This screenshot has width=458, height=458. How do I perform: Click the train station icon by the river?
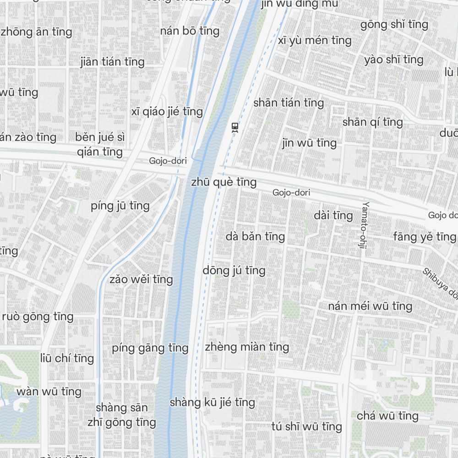point(235,127)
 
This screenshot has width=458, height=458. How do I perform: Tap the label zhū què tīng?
point(224,182)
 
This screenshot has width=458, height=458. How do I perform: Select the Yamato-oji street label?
point(365,225)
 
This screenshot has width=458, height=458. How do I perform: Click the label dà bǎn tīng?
point(255,236)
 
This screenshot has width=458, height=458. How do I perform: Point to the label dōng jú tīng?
point(234,270)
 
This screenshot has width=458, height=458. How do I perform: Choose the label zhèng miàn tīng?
point(247,347)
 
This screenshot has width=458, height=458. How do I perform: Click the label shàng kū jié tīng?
point(212,402)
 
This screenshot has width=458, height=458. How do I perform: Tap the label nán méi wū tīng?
point(370,305)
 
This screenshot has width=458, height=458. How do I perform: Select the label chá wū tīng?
point(387,416)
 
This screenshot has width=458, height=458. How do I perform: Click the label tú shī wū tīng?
point(306,427)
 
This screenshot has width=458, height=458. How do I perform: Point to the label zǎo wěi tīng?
point(141,279)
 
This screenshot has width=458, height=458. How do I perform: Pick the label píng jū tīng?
point(120,206)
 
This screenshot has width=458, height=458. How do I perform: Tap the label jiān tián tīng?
point(112,61)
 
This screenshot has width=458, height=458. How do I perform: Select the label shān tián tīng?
point(289,103)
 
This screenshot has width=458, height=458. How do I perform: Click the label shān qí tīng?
point(372,122)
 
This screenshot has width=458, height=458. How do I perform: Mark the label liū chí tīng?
point(67,358)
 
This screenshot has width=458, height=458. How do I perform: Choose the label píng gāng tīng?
point(150,348)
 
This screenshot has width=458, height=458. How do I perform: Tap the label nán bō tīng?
point(190,31)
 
